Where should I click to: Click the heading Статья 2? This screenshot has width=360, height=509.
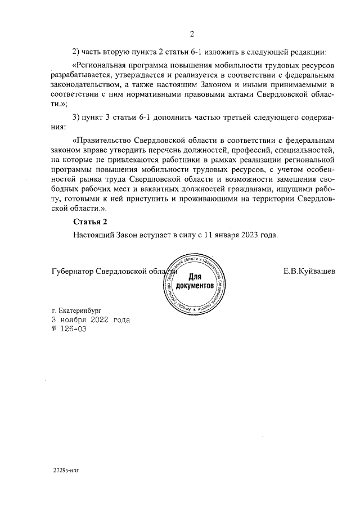coord(89,221)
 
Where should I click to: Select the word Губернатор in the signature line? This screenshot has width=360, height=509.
coord(72,271)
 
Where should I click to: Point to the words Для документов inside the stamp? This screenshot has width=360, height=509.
coord(194,282)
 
